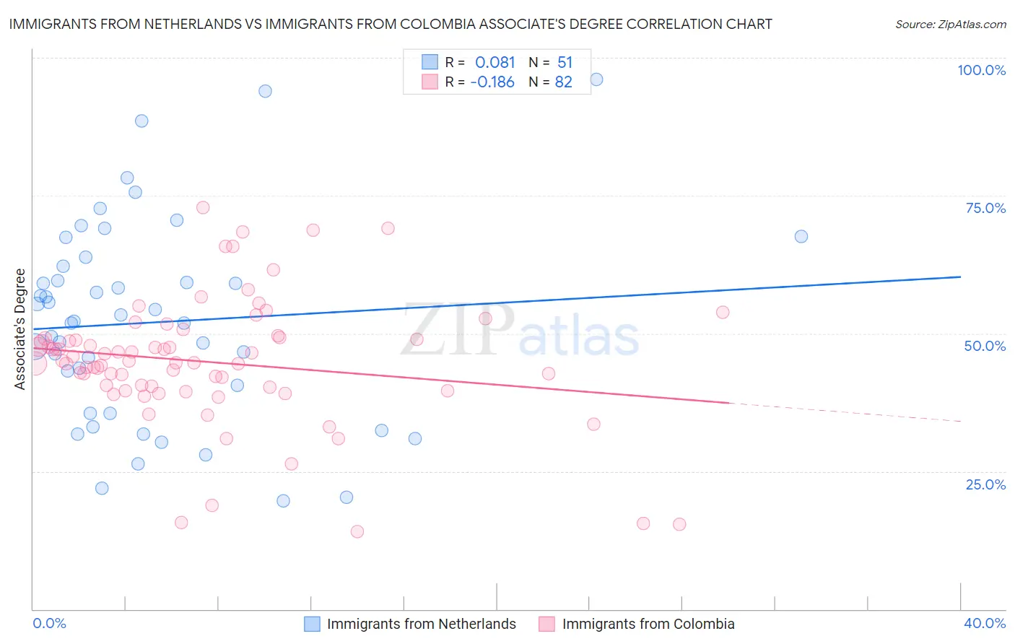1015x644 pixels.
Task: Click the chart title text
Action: point(391,24)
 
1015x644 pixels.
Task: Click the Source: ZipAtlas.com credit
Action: point(950,24)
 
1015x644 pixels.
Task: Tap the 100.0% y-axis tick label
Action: point(981,70)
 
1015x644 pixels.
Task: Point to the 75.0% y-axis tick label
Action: point(985,208)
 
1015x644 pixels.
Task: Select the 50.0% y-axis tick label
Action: point(985,346)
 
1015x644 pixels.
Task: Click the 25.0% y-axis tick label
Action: point(985,484)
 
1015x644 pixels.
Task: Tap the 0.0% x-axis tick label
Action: point(49,623)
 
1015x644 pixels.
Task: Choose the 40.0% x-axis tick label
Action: point(985,623)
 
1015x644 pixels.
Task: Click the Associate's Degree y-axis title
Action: point(20,329)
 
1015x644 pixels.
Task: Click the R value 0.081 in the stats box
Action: point(495,63)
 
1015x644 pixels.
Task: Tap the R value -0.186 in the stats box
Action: point(492,82)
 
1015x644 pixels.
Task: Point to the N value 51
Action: point(565,63)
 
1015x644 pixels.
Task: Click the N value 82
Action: point(564,82)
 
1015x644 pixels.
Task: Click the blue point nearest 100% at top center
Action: point(596,79)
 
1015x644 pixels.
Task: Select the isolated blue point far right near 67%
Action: point(801,236)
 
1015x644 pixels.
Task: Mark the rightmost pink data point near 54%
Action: point(723,312)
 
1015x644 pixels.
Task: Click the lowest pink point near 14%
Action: point(357,531)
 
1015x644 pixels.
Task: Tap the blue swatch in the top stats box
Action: point(430,62)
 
